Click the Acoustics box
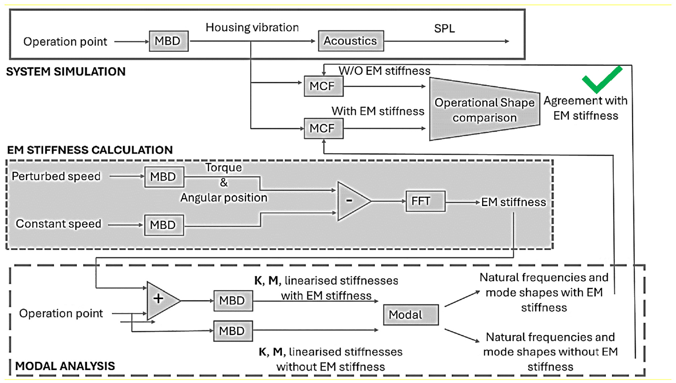click(351, 41)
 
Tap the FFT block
click(425, 201)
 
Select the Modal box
click(411, 315)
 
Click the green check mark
click(602, 79)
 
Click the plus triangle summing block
click(163, 301)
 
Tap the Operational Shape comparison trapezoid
click(485, 109)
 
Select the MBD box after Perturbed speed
click(164, 177)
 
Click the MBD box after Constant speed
click(164, 225)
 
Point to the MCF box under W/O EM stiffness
click(323, 86)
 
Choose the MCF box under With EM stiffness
click(323, 129)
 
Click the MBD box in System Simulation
click(169, 41)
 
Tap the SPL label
click(444, 29)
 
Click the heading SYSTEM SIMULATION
click(66, 72)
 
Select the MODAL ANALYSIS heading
click(65, 366)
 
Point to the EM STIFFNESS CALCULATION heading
click(90, 150)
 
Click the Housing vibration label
click(252, 27)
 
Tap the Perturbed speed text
click(56, 176)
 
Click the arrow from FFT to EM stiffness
click(462, 202)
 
